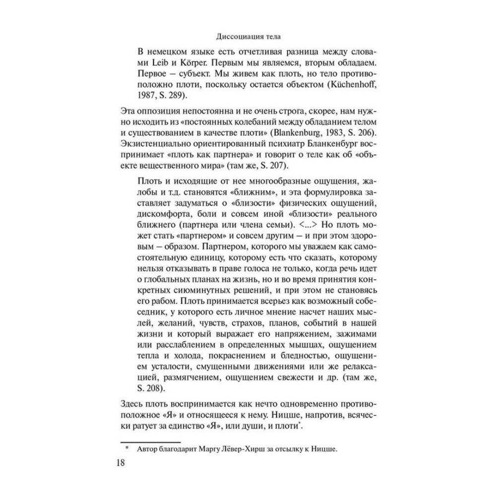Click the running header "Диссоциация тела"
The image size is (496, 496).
(248, 37)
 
